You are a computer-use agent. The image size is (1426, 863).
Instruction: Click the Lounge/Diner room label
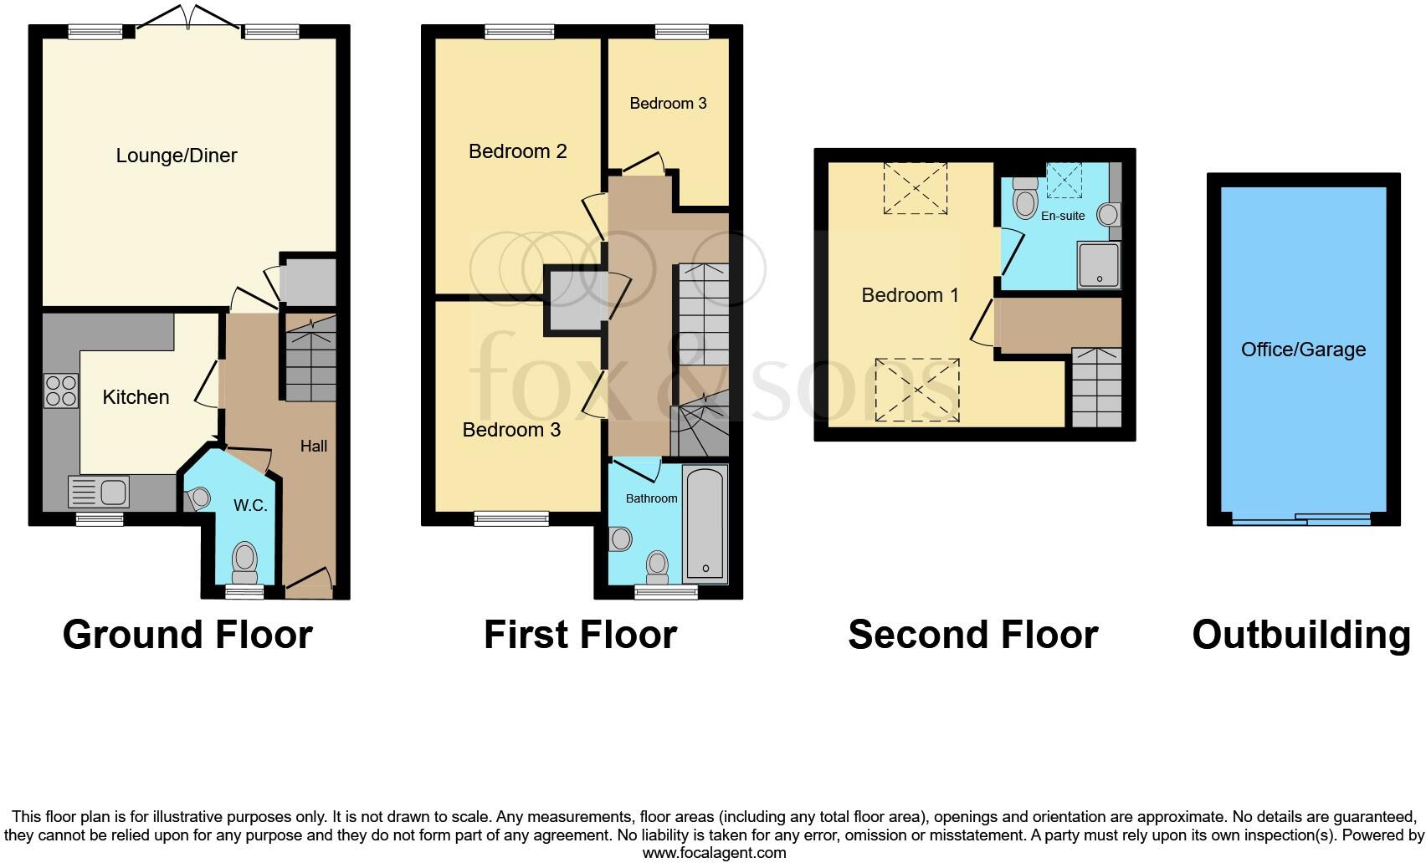coord(177,156)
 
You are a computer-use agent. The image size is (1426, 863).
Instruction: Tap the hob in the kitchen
coord(61,391)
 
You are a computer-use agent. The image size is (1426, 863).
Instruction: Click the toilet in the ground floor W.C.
coord(244,561)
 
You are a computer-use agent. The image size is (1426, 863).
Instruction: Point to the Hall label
coord(314,447)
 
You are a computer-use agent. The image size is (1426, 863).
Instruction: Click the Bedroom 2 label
coord(517,151)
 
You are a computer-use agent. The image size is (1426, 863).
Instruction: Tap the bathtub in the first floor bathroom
coord(705,524)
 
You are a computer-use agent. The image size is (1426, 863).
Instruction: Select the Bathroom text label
coord(651,498)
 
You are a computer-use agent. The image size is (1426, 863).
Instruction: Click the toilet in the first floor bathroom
coord(658,565)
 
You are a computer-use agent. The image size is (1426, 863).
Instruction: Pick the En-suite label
coord(1063,216)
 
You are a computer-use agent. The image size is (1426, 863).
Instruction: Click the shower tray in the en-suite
coord(1098,264)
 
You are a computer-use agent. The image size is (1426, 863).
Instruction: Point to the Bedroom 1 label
coord(910,295)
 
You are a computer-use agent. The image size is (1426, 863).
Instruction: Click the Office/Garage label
coord(1303,350)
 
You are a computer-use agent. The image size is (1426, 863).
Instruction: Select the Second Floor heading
coord(972,635)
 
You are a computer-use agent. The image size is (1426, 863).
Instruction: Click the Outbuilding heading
coord(1301,635)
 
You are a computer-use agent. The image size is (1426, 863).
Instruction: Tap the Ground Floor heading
coord(187,635)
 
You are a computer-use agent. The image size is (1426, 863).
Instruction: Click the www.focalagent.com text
coord(714,853)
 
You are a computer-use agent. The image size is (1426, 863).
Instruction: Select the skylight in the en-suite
coord(1064,180)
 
